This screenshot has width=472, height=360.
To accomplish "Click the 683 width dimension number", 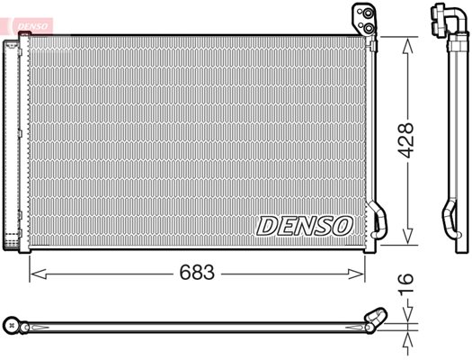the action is point(197,273).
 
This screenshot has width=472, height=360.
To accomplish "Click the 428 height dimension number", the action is point(405,140).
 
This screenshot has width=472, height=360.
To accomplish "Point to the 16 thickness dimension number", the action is point(405,283).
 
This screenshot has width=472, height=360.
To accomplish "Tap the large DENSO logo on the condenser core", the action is point(304,226).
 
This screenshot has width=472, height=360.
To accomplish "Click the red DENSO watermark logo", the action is point(32,26).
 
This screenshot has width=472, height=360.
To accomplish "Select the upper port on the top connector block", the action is point(368,13).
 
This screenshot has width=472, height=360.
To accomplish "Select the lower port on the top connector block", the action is point(369,28).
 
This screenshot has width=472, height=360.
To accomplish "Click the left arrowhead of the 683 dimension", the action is point(39,274).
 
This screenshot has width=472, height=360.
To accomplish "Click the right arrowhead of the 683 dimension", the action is point(356,274).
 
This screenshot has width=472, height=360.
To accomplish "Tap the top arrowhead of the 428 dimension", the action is point(407,46).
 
